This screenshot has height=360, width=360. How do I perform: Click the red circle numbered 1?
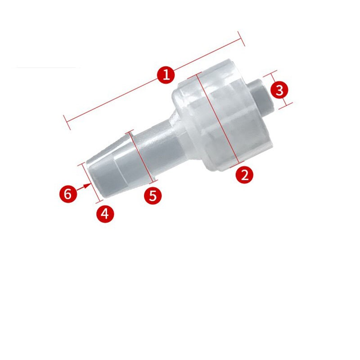166,75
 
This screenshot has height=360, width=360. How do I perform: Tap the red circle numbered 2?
244,174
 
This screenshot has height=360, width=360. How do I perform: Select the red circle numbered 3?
279,90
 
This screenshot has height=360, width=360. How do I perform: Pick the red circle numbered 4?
105,213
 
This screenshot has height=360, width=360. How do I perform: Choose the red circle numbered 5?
153,196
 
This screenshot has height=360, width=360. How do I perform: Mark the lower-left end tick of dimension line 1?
67,122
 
